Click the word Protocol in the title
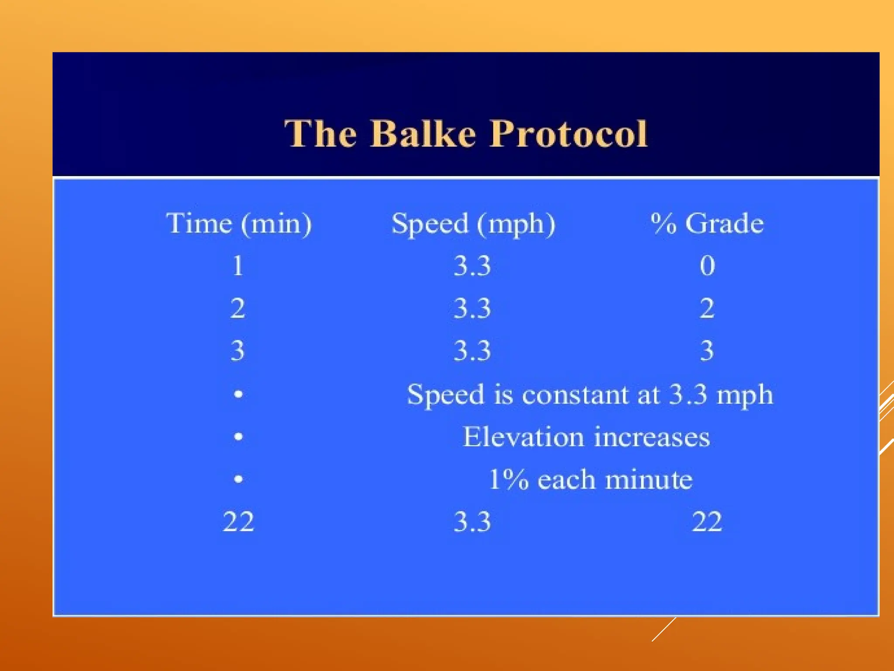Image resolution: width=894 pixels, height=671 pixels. point(568,134)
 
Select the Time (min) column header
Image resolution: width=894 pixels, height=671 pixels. point(239,224)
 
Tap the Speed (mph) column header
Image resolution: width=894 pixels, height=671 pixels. point(473,224)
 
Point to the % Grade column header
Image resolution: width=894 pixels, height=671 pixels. point(707,224)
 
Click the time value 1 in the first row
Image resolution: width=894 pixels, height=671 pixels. point(238,266)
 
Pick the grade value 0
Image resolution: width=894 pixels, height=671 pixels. point(707,266)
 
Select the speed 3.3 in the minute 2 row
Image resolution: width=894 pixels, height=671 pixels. point(472,308)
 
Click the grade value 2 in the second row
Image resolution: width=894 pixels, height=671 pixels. point(707,308)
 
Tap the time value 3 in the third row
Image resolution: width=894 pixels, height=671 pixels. point(238,350)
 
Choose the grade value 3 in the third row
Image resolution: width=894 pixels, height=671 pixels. point(707,350)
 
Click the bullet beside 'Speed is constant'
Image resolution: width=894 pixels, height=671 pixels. point(238,394)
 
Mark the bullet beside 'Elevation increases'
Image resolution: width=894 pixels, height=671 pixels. point(238,436)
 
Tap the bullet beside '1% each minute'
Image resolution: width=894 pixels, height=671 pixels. point(238,479)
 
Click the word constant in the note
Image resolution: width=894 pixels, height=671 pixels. point(575,394)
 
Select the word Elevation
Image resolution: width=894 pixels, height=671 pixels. point(523,437)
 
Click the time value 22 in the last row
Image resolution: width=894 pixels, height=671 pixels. point(238,522)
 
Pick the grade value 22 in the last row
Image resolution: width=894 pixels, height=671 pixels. point(707,522)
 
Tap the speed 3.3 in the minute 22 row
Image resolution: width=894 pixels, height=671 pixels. point(472,522)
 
